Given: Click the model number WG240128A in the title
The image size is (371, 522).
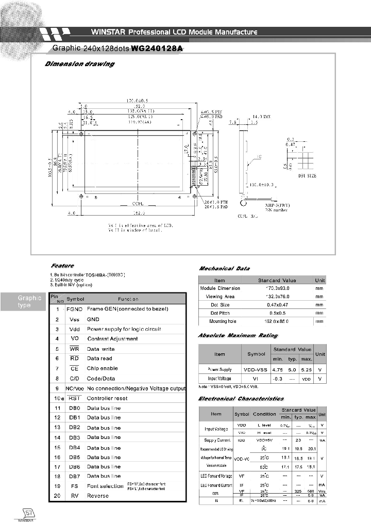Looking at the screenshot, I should [x=158, y=48].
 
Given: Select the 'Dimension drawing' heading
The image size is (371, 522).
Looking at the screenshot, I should [x=79, y=64].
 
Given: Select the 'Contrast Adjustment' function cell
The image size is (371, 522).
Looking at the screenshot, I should [x=112, y=339].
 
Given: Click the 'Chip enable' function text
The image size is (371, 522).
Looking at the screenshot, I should [x=103, y=368].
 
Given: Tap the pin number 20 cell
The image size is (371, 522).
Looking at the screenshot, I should [x=56, y=496].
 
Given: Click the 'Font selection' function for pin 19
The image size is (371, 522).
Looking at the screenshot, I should [x=105, y=486].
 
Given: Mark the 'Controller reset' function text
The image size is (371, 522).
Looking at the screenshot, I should [x=107, y=398].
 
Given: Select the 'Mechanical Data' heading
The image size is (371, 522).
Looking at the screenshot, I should [x=224, y=268].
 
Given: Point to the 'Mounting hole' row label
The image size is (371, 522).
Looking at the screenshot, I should [x=222, y=321].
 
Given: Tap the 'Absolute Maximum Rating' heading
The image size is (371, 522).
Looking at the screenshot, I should [x=238, y=336].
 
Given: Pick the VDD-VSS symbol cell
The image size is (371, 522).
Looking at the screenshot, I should [x=257, y=369].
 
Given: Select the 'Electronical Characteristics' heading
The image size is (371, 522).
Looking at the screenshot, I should [x=241, y=399].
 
